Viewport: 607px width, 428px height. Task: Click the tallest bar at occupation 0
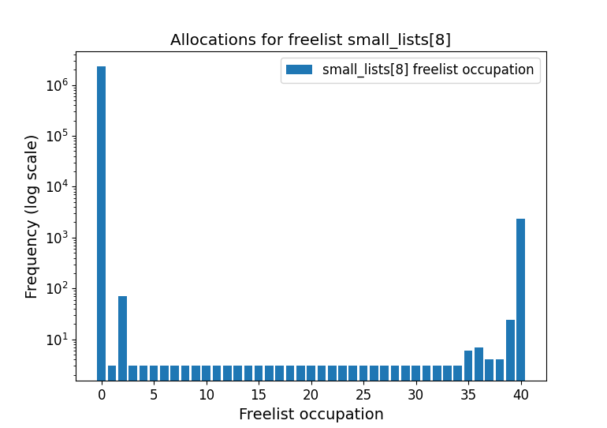(101, 221)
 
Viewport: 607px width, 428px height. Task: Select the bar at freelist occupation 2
(122, 338)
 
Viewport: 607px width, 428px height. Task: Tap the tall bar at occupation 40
(520, 300)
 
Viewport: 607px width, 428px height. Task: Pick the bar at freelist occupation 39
(510, 350)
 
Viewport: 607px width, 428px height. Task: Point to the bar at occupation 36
(479, 364)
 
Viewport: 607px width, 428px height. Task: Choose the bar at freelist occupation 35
(468, 366)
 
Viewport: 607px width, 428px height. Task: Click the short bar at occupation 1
(112, 373)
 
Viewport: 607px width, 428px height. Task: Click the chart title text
(311, 40)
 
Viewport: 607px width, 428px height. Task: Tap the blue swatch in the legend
(300, 69)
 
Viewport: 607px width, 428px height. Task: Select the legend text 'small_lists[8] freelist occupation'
(428, 69)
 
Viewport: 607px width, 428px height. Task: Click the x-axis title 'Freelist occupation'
(311, 414)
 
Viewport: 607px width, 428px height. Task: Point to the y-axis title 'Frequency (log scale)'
(32, 216)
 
